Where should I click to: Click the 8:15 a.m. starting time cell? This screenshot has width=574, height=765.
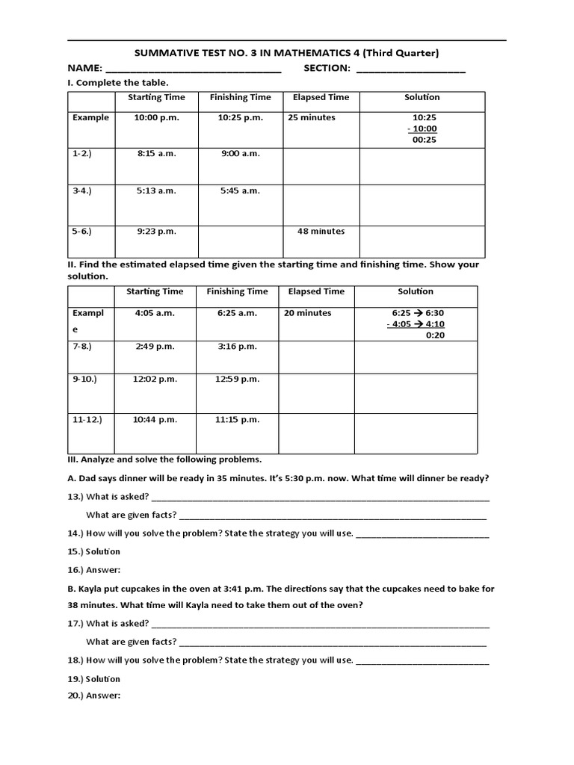156,153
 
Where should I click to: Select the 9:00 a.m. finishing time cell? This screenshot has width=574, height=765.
240,153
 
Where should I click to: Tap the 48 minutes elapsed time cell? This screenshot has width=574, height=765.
321,231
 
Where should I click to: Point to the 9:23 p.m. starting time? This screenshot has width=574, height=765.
156,231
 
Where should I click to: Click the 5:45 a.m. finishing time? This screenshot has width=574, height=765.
240,191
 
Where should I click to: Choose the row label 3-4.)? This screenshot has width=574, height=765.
81,191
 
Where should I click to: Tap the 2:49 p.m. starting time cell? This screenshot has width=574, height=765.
155,346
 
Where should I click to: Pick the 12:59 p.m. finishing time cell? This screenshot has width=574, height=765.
237,379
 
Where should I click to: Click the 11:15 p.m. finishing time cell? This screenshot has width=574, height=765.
237,420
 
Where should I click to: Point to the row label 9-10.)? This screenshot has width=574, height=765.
84,379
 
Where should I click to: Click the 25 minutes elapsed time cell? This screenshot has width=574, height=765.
309,117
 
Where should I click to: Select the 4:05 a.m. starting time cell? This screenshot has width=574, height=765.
155,313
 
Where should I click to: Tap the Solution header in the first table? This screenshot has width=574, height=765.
422,97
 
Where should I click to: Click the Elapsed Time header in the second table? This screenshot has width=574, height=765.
316,291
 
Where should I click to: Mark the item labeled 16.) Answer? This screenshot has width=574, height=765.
104,569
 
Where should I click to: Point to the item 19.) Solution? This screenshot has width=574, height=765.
103,679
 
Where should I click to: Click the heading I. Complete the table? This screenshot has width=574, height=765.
118,83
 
